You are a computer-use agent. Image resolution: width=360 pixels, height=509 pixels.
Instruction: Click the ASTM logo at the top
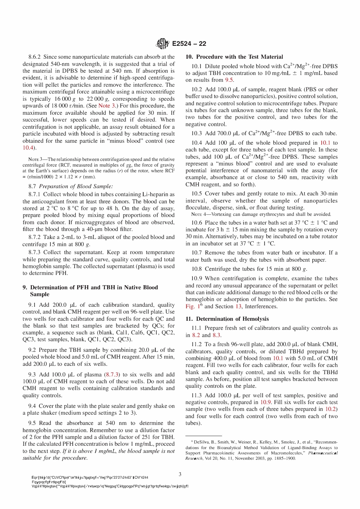(163, 44)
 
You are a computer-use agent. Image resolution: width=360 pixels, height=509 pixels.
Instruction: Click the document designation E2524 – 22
(189, 44)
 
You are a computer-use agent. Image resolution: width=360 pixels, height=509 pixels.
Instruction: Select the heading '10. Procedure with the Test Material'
(234, 57)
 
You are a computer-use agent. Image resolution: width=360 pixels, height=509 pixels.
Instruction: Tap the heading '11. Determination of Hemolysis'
(227, 319)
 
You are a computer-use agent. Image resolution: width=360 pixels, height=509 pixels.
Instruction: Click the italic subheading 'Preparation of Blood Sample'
(75, 186)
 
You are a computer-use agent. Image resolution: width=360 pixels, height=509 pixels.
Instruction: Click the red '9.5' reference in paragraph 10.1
(229, 80)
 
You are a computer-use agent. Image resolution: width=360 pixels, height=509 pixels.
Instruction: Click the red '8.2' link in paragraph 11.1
(196, 335)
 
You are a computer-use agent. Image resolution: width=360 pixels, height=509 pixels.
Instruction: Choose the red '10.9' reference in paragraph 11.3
(266, 402)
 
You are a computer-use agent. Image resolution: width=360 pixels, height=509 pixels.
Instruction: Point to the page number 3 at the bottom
(180, 474)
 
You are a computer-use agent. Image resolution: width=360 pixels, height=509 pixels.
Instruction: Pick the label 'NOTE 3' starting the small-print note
(36, 159)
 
